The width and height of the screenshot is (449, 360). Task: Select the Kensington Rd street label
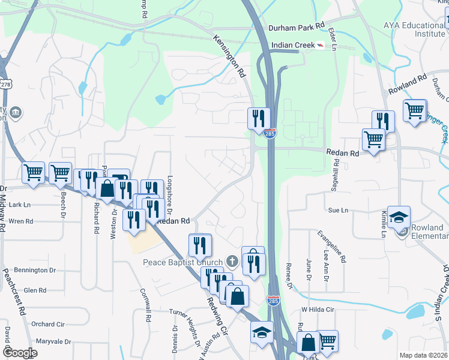229,55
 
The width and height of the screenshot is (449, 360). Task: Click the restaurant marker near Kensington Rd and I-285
259,118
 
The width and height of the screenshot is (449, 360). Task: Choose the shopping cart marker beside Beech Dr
60,173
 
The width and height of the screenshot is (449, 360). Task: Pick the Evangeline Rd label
333,245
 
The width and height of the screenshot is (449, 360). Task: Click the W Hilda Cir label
317,309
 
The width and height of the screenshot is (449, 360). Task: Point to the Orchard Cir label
47,324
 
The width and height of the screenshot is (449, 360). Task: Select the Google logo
19,353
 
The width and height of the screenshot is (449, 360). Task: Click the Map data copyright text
423,355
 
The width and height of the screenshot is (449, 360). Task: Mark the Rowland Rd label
407,85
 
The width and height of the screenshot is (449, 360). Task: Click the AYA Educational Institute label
415,30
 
